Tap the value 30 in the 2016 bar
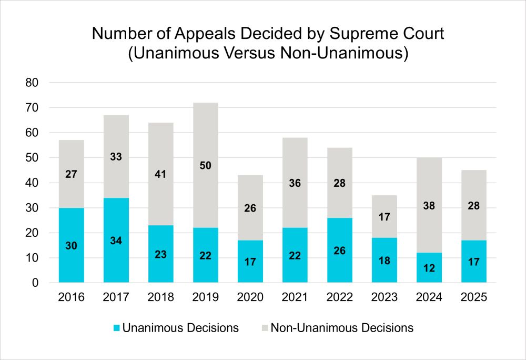[72, 245]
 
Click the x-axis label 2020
[250, 298]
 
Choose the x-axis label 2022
[340, 298]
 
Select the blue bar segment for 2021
[295, 255]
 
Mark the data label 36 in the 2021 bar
[295, 183]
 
